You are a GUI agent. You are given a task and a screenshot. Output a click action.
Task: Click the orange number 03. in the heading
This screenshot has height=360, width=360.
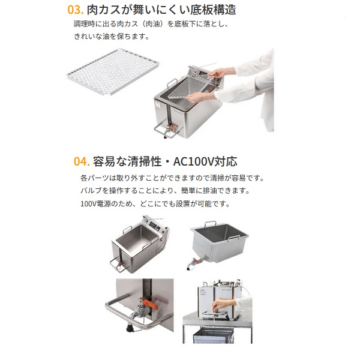tap(75, 10)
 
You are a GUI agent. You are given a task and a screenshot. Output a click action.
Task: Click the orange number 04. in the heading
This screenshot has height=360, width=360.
tap(82, 161)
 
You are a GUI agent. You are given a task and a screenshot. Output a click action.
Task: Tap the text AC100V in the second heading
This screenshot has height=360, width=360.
tap(193, 161)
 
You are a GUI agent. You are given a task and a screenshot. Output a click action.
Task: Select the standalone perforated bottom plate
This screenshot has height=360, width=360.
tap(113, 71)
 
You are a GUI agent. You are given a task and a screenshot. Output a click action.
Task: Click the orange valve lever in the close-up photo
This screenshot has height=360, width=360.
tap(148, 304)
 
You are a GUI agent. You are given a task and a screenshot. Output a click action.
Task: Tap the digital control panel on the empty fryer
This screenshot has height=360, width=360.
tap(155, 226)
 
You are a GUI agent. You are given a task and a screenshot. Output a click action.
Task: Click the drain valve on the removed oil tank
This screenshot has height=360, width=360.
tap(194, 263)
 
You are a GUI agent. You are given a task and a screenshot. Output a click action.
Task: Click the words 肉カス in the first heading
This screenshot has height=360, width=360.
tap(104, 10)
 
